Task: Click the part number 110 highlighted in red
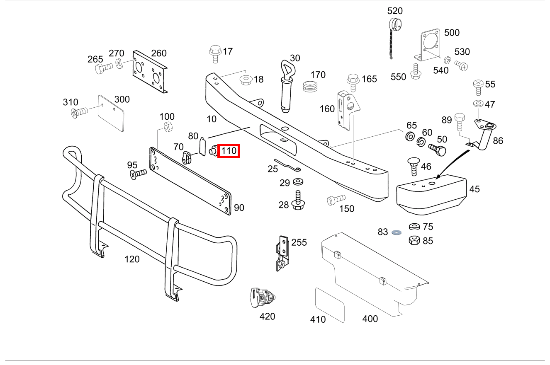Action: pyautogui.click(x=229, y=151)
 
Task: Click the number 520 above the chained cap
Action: pyautogui.click(x=395, y=11)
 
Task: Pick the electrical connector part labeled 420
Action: pyautogui.click(x=261, y=297)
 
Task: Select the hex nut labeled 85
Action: pyautogui.click(x=414, y=240)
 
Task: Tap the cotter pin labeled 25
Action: pyautogui.click(x=288, y=165)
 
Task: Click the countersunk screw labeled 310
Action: pyautogui.click(x=79, y=112)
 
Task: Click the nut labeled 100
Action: pyautogui.click(x=168, y=127)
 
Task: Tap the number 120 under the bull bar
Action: pyautogui.click(x=132, y=259)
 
